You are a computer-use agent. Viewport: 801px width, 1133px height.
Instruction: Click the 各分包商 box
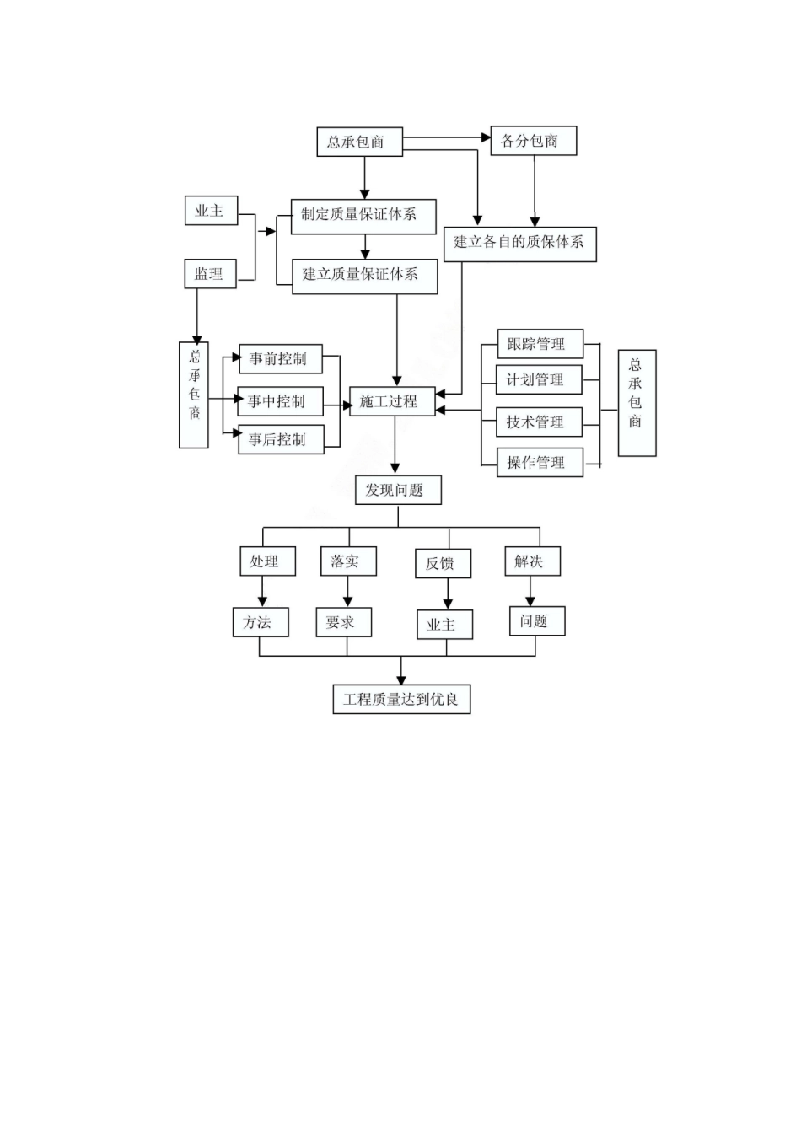click(533, 141)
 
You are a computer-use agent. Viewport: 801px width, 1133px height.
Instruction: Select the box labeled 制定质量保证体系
click(363, 216)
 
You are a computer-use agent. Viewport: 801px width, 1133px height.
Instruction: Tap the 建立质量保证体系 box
click(364, 276)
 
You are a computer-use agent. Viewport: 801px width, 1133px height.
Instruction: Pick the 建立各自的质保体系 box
click(519, 243)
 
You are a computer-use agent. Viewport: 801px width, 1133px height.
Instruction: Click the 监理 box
click(209, 274)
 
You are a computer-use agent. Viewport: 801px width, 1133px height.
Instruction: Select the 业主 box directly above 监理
click(210, 211)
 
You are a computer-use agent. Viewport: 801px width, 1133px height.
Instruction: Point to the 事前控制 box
click(280, 359)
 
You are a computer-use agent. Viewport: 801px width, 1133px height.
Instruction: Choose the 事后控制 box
click(280, 439)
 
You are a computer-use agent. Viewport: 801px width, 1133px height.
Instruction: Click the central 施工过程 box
click(392, 401)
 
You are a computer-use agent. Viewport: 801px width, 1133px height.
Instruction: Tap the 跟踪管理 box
click(539, 344)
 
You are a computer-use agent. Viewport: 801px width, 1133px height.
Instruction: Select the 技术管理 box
click(539, 422)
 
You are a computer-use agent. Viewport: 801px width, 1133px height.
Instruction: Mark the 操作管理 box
click(539, 462)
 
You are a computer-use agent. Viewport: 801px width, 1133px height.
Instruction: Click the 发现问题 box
click(397, 490)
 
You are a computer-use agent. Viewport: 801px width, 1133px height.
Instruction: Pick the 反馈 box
click(442, 564)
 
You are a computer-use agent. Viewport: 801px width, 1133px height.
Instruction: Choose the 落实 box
click(347, 561)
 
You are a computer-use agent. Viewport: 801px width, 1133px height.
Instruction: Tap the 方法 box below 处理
click(261, 623)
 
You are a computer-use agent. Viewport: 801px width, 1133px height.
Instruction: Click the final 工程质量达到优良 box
click(401, 699)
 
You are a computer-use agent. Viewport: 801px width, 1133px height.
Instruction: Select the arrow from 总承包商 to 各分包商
click(446, 137)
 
